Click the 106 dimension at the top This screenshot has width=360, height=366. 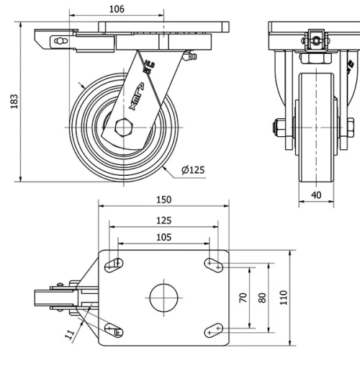point(117,9)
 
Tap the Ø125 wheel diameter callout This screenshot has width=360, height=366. point(193,170)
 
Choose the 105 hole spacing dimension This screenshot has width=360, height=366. point(163,237)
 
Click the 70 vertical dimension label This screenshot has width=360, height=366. point(243,297)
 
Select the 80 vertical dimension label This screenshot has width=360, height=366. point(262,297)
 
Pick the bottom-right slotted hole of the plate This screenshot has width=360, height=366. point(213,329)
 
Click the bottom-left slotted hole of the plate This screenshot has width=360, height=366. point(114,329)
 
